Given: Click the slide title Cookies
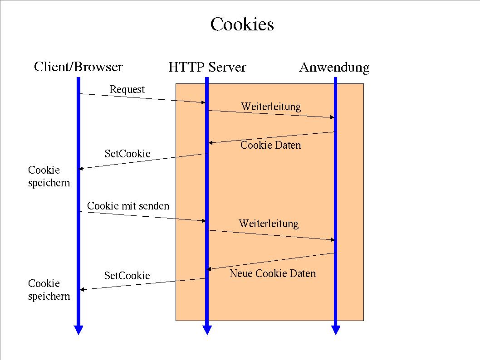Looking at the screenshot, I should click(242, 24).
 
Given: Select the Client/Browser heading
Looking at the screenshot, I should click(78, 67).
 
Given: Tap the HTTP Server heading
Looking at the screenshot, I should click(207, 68).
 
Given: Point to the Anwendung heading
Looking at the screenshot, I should click(334, 68).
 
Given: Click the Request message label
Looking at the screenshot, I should click(127, 89).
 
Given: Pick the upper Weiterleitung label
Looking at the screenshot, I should click(271, 107).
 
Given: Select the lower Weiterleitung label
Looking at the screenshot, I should click(269, 224).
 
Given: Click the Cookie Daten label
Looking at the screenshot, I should click(270, 145).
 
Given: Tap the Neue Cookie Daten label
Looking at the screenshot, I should click(273, 273).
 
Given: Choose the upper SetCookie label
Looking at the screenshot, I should click(127, 154).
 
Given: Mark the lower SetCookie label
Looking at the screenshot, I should click(127, 275).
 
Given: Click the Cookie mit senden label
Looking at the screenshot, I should click(128, 206).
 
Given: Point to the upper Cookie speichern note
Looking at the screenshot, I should click(49, 176).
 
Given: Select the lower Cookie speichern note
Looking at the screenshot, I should click(49, 290).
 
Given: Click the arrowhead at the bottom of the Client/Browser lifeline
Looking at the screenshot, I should click(78, 330).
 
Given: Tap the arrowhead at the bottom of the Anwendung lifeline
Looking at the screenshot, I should click(336, 330).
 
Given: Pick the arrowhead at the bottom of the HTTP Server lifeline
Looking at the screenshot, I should click(207, 330).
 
